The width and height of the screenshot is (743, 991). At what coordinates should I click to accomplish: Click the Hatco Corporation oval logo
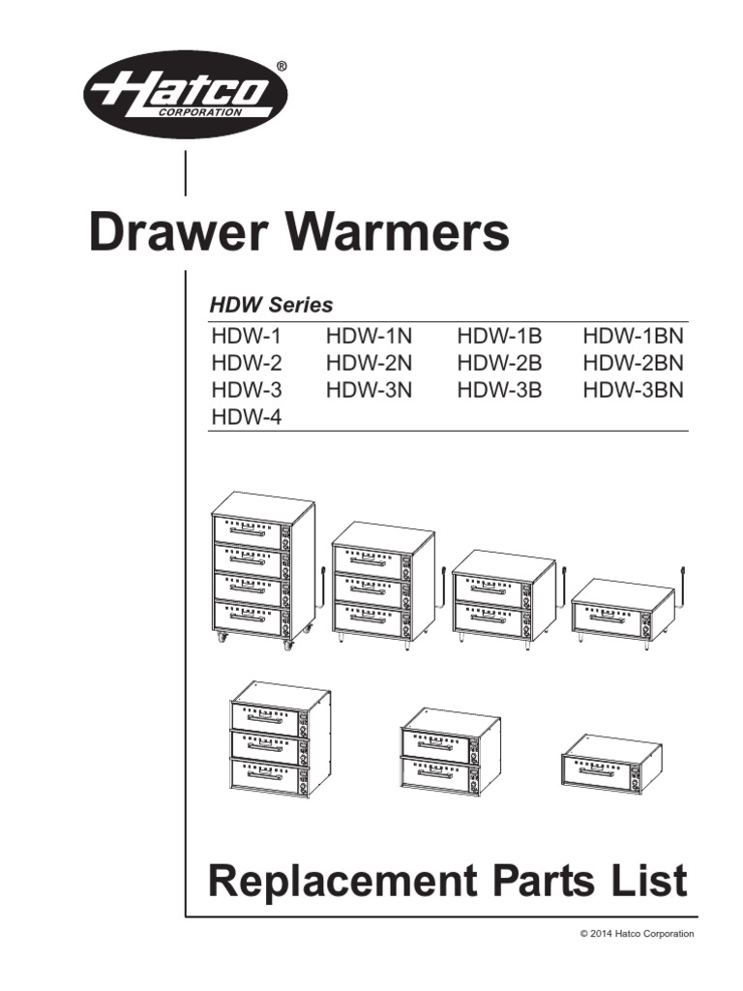coord(186,96)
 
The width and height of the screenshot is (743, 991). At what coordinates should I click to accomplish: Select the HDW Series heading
coord(271,305)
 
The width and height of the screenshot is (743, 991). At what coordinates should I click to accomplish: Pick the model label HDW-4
coord(247,417)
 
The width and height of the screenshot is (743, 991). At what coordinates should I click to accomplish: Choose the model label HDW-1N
coord(369,336)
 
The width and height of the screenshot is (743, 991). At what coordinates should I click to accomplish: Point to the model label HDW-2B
coord(500,363)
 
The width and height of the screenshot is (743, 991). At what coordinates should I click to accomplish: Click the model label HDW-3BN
coord(633,390)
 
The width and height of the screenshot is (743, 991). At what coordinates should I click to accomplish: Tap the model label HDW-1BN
coord(633,336)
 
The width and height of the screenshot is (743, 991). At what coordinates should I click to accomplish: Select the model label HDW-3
coord(247,390)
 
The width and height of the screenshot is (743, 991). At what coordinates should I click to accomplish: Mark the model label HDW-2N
coord(369,363)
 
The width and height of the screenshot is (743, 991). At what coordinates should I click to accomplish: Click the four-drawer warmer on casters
coord(265,571)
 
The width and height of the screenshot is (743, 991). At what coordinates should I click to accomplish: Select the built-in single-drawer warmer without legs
coord(611,765)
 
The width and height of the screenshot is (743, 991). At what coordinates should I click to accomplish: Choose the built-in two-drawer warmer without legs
coord(451,752)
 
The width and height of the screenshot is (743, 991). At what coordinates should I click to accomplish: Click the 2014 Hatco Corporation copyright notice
coord(637,933)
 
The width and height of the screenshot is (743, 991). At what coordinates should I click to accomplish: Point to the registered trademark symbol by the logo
coord(282,66)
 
